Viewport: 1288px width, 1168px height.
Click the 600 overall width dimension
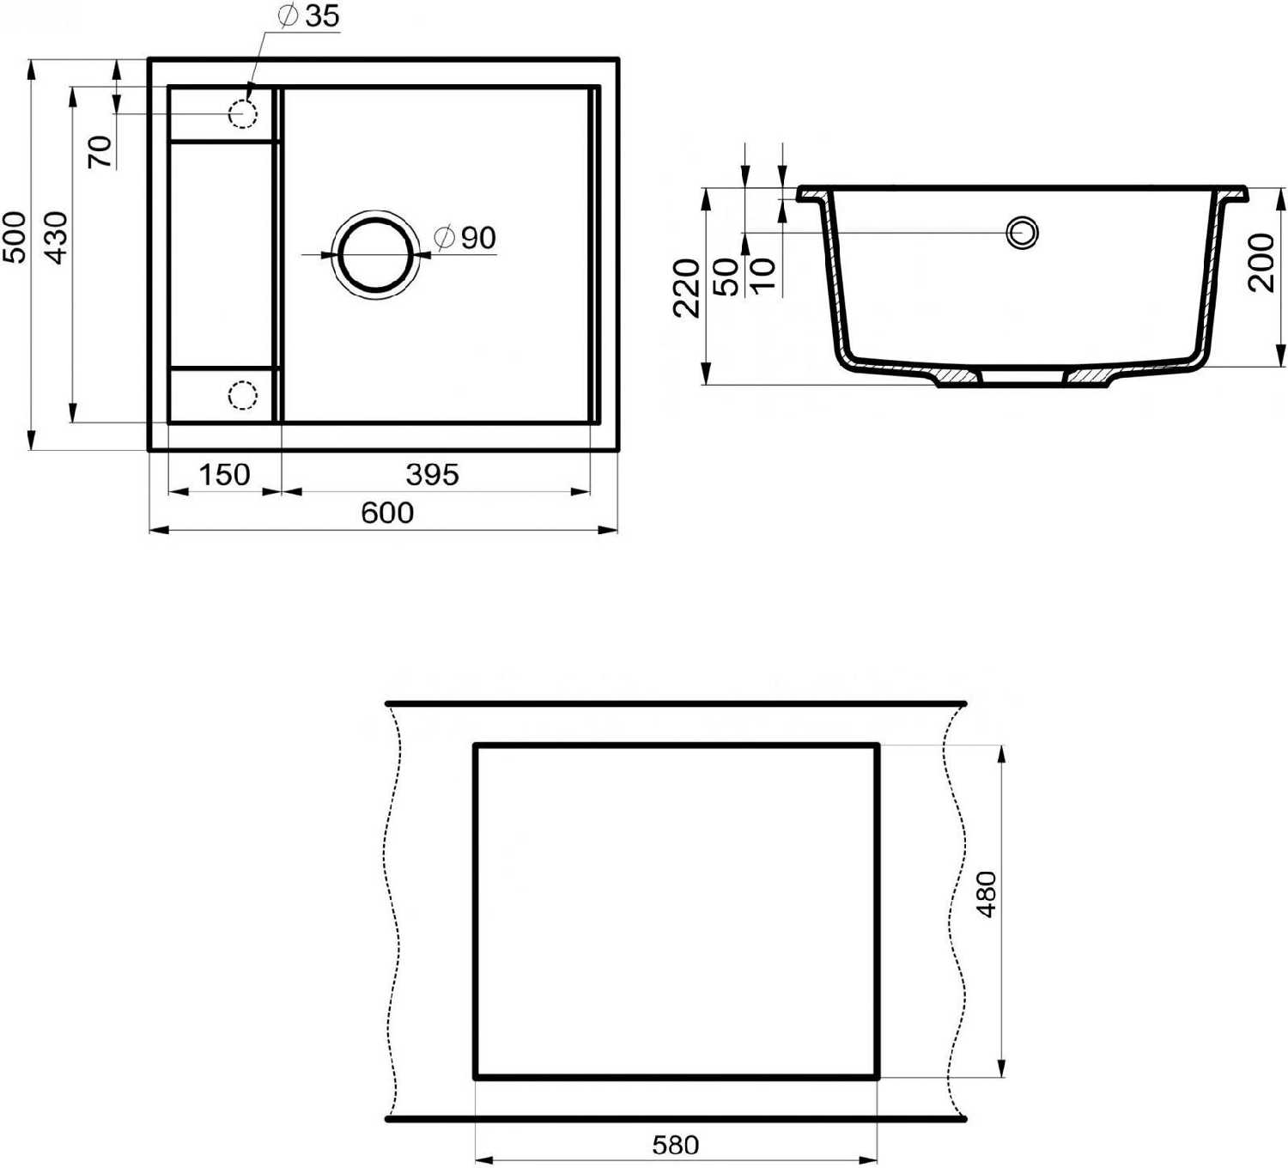(x=387, y=514)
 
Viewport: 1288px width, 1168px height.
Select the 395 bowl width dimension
(x=432, y=476)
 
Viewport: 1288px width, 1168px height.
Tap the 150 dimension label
(x=224, y=476)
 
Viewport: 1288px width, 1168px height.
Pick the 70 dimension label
(x=100, y=152)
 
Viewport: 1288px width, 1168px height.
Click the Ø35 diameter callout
(x=309, y=16)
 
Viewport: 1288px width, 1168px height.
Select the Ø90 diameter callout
(x=465, y=239)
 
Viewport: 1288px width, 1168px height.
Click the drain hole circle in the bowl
(x=375, y=254)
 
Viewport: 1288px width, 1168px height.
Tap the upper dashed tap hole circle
(x=243, y=114)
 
